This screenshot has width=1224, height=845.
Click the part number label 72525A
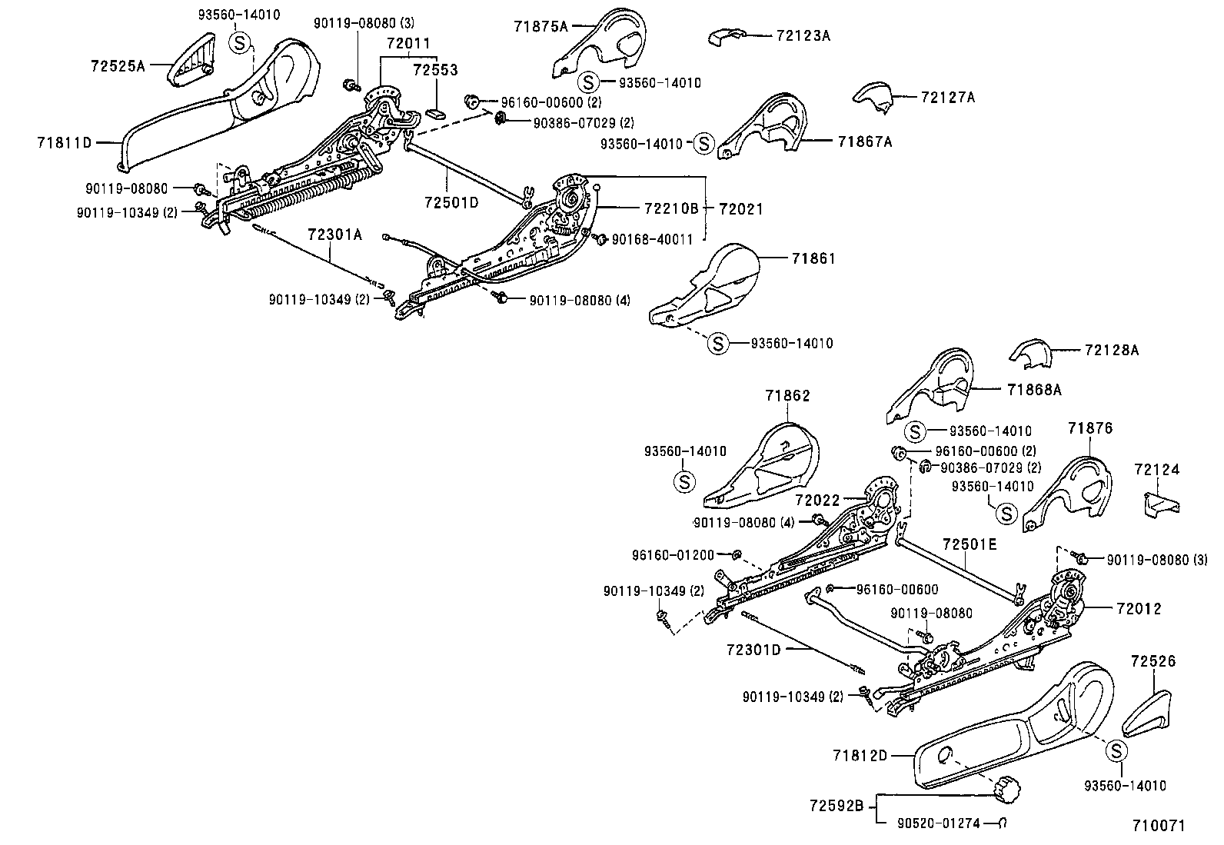(x=117, y=66)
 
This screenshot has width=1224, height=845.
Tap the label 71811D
(x=65, y=142)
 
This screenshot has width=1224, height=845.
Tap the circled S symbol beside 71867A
(x=703, y=143)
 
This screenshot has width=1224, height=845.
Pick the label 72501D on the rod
(x=451, y=202)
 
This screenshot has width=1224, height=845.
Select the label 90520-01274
(x=938, y=823)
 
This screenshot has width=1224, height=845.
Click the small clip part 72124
(x=1158, y=503)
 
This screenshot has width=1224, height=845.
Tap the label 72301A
(x=334, y=235)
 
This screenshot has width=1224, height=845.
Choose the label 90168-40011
(x=652, y=239)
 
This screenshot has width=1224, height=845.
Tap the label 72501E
(x=969, y=544)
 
